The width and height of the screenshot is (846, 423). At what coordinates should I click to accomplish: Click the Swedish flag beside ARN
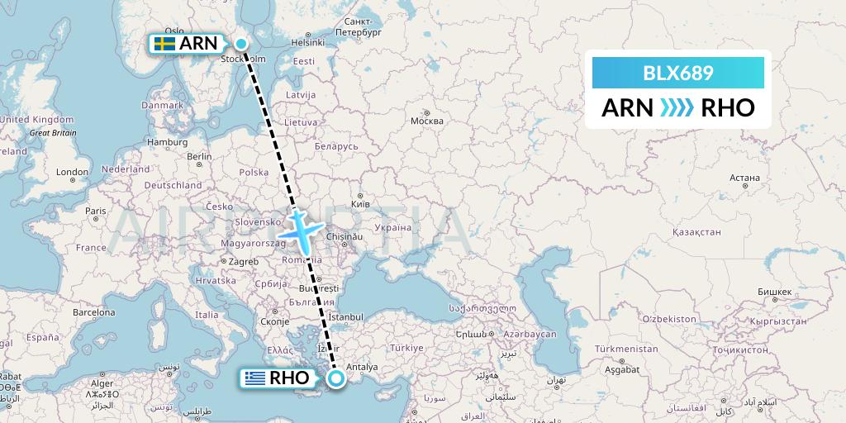coord(164,44)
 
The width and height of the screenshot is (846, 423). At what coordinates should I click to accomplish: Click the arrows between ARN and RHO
coord(678,108)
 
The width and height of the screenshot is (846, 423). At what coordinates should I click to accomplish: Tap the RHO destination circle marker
coord(336,378)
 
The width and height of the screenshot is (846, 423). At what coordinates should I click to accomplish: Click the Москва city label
coord(427,121)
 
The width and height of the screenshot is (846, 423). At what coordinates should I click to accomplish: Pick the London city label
coord(73,172)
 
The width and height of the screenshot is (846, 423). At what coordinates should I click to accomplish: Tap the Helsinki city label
coord(307,42)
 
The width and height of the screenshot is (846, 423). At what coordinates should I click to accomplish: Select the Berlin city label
coord(199,156)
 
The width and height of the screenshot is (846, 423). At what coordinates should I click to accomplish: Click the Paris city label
coord(95,211)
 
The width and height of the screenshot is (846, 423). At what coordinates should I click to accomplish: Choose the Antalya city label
coord(361,367)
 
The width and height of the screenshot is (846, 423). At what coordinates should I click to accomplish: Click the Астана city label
coord(744,178)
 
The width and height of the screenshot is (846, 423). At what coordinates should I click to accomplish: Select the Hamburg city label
coord(168,142)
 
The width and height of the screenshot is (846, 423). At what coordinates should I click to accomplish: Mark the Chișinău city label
coord(345,236)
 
